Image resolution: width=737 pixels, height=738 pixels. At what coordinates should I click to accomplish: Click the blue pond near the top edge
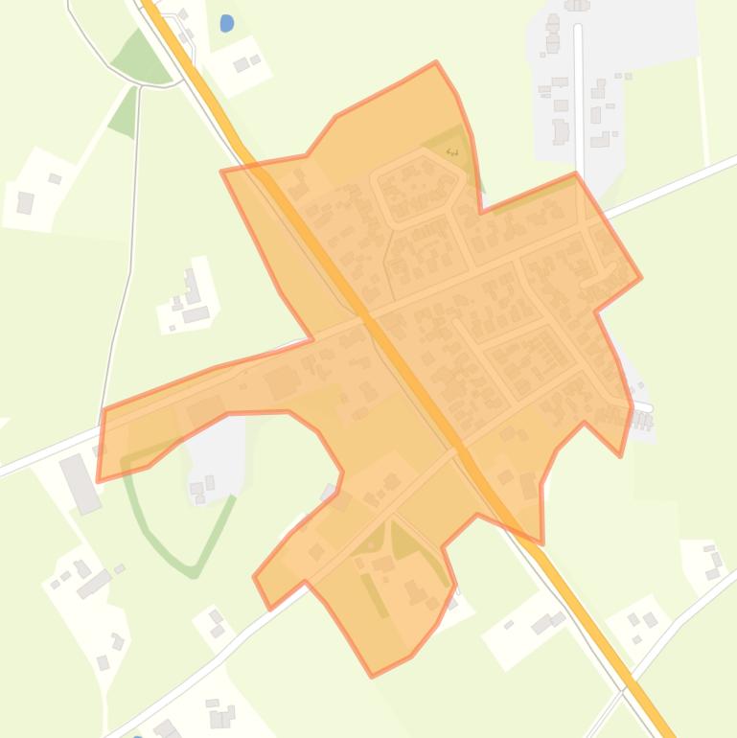(226, 23)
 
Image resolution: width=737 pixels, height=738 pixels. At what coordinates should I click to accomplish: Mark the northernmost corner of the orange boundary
(435, 63)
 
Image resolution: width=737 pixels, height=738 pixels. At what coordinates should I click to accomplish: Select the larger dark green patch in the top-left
(141, 58)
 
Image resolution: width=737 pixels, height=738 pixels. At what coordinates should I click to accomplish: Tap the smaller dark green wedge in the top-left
(124, 111)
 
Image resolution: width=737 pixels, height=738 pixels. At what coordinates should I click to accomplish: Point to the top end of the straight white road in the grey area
(578, 29)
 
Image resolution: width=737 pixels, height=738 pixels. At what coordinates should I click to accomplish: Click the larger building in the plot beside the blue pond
(242, 66)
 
